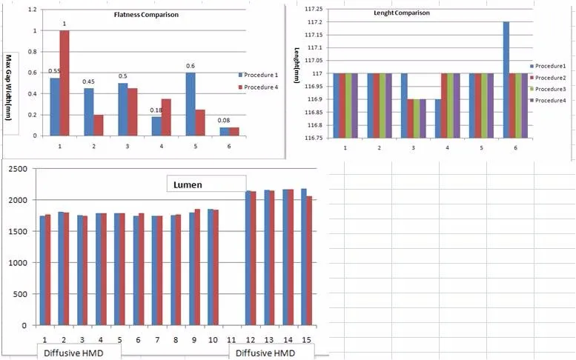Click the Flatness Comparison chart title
(x=145, y=15)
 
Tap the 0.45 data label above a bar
(x=88, y=81)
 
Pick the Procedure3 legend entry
(x=551, y=89)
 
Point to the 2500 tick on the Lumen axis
(x=17, y=169)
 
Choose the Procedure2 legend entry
(x=551, y=78)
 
